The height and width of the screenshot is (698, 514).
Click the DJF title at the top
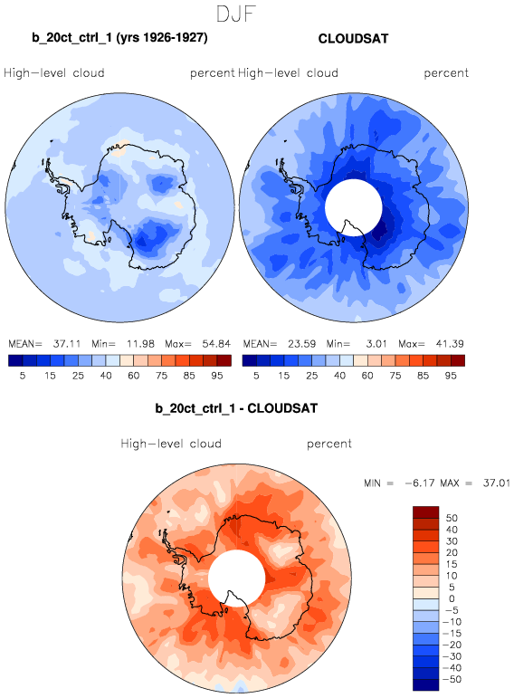coord(236,14)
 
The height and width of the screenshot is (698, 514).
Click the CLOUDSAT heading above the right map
coord(353,39)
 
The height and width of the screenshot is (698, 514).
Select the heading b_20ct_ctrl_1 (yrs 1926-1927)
coord(119,37)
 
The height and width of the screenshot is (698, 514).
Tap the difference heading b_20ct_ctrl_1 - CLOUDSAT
coord(236,408)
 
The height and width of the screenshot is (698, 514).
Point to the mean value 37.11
coord(67,344)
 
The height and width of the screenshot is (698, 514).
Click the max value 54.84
coord(216,344)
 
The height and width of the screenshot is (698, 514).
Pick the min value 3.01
coord(376,344)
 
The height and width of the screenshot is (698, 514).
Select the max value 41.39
coord(450,344)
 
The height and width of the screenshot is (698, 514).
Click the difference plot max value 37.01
coord(497,483)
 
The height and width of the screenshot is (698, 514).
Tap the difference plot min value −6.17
coord(418,483)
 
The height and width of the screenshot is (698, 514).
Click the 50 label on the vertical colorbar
coord(452,518)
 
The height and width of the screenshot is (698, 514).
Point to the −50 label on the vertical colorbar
coord(452,679)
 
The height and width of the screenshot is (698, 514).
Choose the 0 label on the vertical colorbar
coord(452,598)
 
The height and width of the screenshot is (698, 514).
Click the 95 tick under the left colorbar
coord(216,376)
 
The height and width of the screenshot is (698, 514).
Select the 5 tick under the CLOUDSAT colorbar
coord(256,376)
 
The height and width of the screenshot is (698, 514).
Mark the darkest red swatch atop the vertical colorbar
coord(426,512)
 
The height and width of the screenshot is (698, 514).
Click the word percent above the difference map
coord(329,444)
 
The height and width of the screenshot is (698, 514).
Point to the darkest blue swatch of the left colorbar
coord(15,360)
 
